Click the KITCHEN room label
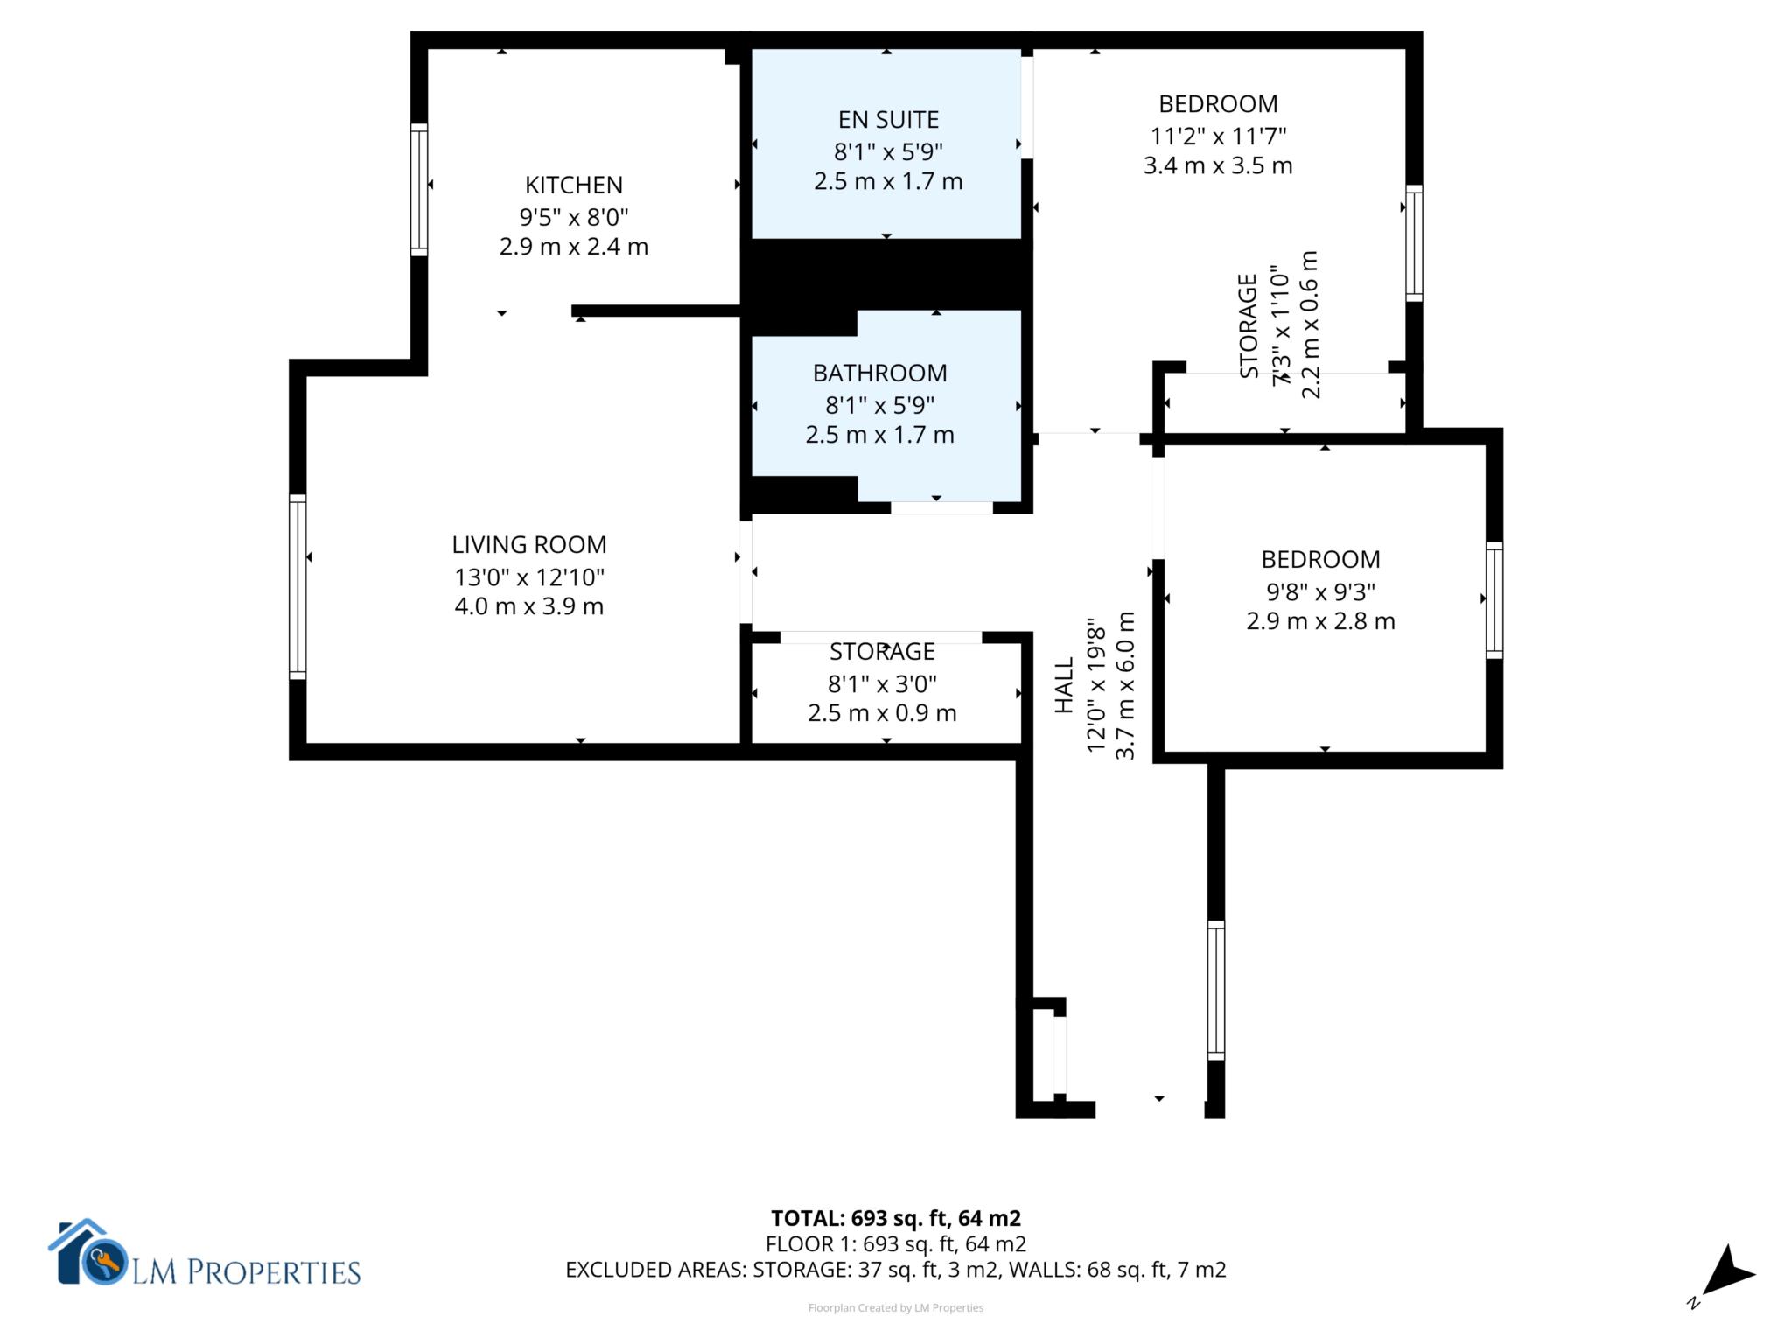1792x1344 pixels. click(574, 185)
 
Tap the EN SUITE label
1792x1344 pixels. click(888, 119)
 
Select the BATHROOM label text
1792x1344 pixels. click(879, 373)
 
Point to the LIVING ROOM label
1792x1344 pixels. click(528, 544)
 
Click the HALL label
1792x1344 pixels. click(1064, 685)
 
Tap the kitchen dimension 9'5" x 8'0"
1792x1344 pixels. click(574, 216)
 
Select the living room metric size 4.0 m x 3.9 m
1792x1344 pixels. click(528, 606)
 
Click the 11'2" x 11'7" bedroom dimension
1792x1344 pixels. click(1218, 136)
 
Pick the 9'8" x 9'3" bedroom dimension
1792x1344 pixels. click(1320, 591)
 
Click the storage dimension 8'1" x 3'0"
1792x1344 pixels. click(882, 683)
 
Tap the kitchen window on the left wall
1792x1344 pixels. click(419, 190)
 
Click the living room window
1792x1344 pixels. click(297, 586)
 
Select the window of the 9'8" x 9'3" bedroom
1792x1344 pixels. click(1494, 600)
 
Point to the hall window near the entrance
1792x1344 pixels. click(1216, 990)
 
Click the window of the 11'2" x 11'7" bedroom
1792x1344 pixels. click(1414, 243)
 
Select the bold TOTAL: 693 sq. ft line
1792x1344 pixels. click(896, 1218)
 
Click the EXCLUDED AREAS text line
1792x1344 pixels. click(896, 1270)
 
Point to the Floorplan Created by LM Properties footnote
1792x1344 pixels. click(896, 1308)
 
